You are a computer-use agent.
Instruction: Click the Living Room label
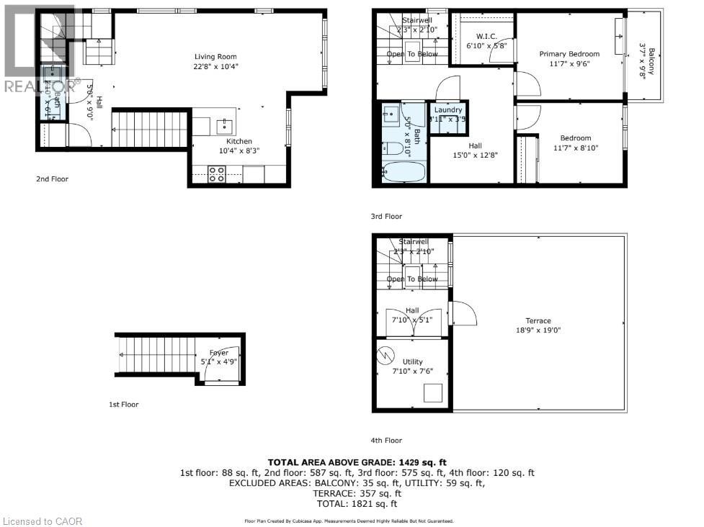pos(215,57)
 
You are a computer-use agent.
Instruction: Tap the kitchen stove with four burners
pos(217,175)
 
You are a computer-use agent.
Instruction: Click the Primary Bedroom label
pos(569,54)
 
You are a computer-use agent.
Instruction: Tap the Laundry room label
pos(447,110)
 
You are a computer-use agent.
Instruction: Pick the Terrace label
pos(538,321)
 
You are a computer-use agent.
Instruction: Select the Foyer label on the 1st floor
pos(219,353)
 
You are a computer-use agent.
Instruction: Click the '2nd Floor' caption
pos(51,179)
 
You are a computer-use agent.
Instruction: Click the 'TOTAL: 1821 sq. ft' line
pos(357,504)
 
